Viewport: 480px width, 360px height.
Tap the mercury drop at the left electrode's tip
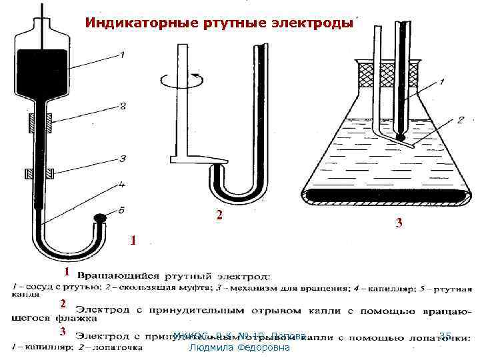tap(99, 217)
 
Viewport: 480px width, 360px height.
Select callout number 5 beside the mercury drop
tap(121, 211)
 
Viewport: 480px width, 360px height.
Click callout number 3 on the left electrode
tap(122, 159)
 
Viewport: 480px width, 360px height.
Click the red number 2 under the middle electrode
tap(218, 215)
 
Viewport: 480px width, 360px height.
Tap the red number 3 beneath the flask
tap(398, 225)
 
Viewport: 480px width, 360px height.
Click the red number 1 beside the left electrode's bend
tap(133, 240)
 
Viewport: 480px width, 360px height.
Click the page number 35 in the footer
tap(445, 335)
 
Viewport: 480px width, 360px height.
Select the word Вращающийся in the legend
tap(117, 275)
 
